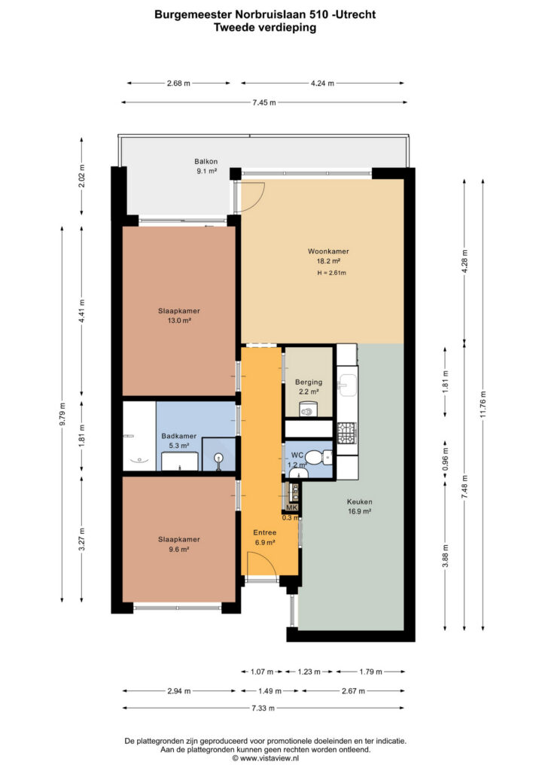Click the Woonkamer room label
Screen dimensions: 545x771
[x=328, y=251]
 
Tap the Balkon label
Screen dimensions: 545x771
[x=206, y=161]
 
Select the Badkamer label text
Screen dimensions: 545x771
[x=179, y=436]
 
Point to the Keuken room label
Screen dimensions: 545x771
[x=359, y=501]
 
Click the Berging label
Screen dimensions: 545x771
[x=309, y=382]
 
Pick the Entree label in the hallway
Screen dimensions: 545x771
[x=265, y=532]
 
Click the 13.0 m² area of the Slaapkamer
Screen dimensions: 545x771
[x=179, y=321]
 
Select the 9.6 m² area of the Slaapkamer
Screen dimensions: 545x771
[x=179, y=549]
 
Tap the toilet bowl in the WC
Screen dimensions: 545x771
[x=325, y=459]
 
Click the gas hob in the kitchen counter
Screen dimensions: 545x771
[x=346, y=432]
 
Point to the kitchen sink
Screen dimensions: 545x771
[x=348, y=385]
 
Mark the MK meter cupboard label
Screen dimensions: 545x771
[x=292, y=507]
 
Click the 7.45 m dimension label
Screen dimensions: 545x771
[x=264, y=102]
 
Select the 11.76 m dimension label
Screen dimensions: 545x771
[x=483, y=404]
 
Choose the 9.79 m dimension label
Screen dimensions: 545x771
[x=62, y=414]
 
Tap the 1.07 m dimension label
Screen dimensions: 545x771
[x=262, y=672]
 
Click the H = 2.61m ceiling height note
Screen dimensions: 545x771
[x=332, y=273]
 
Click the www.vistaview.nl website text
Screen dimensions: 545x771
[x=269, y=758]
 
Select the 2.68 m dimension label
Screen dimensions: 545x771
[x=178, y=84]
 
